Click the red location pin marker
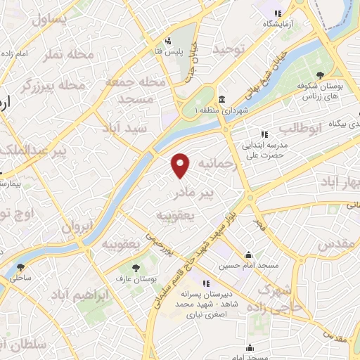coord(181,165)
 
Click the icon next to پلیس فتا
coord(168,41)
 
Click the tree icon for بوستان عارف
coord(136,267)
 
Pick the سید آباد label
coord(125,129)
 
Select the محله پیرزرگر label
coord(53,86)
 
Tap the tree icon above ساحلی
coord(19,267)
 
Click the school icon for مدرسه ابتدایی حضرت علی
coord(264,134)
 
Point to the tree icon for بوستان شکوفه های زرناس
coord(320,75)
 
